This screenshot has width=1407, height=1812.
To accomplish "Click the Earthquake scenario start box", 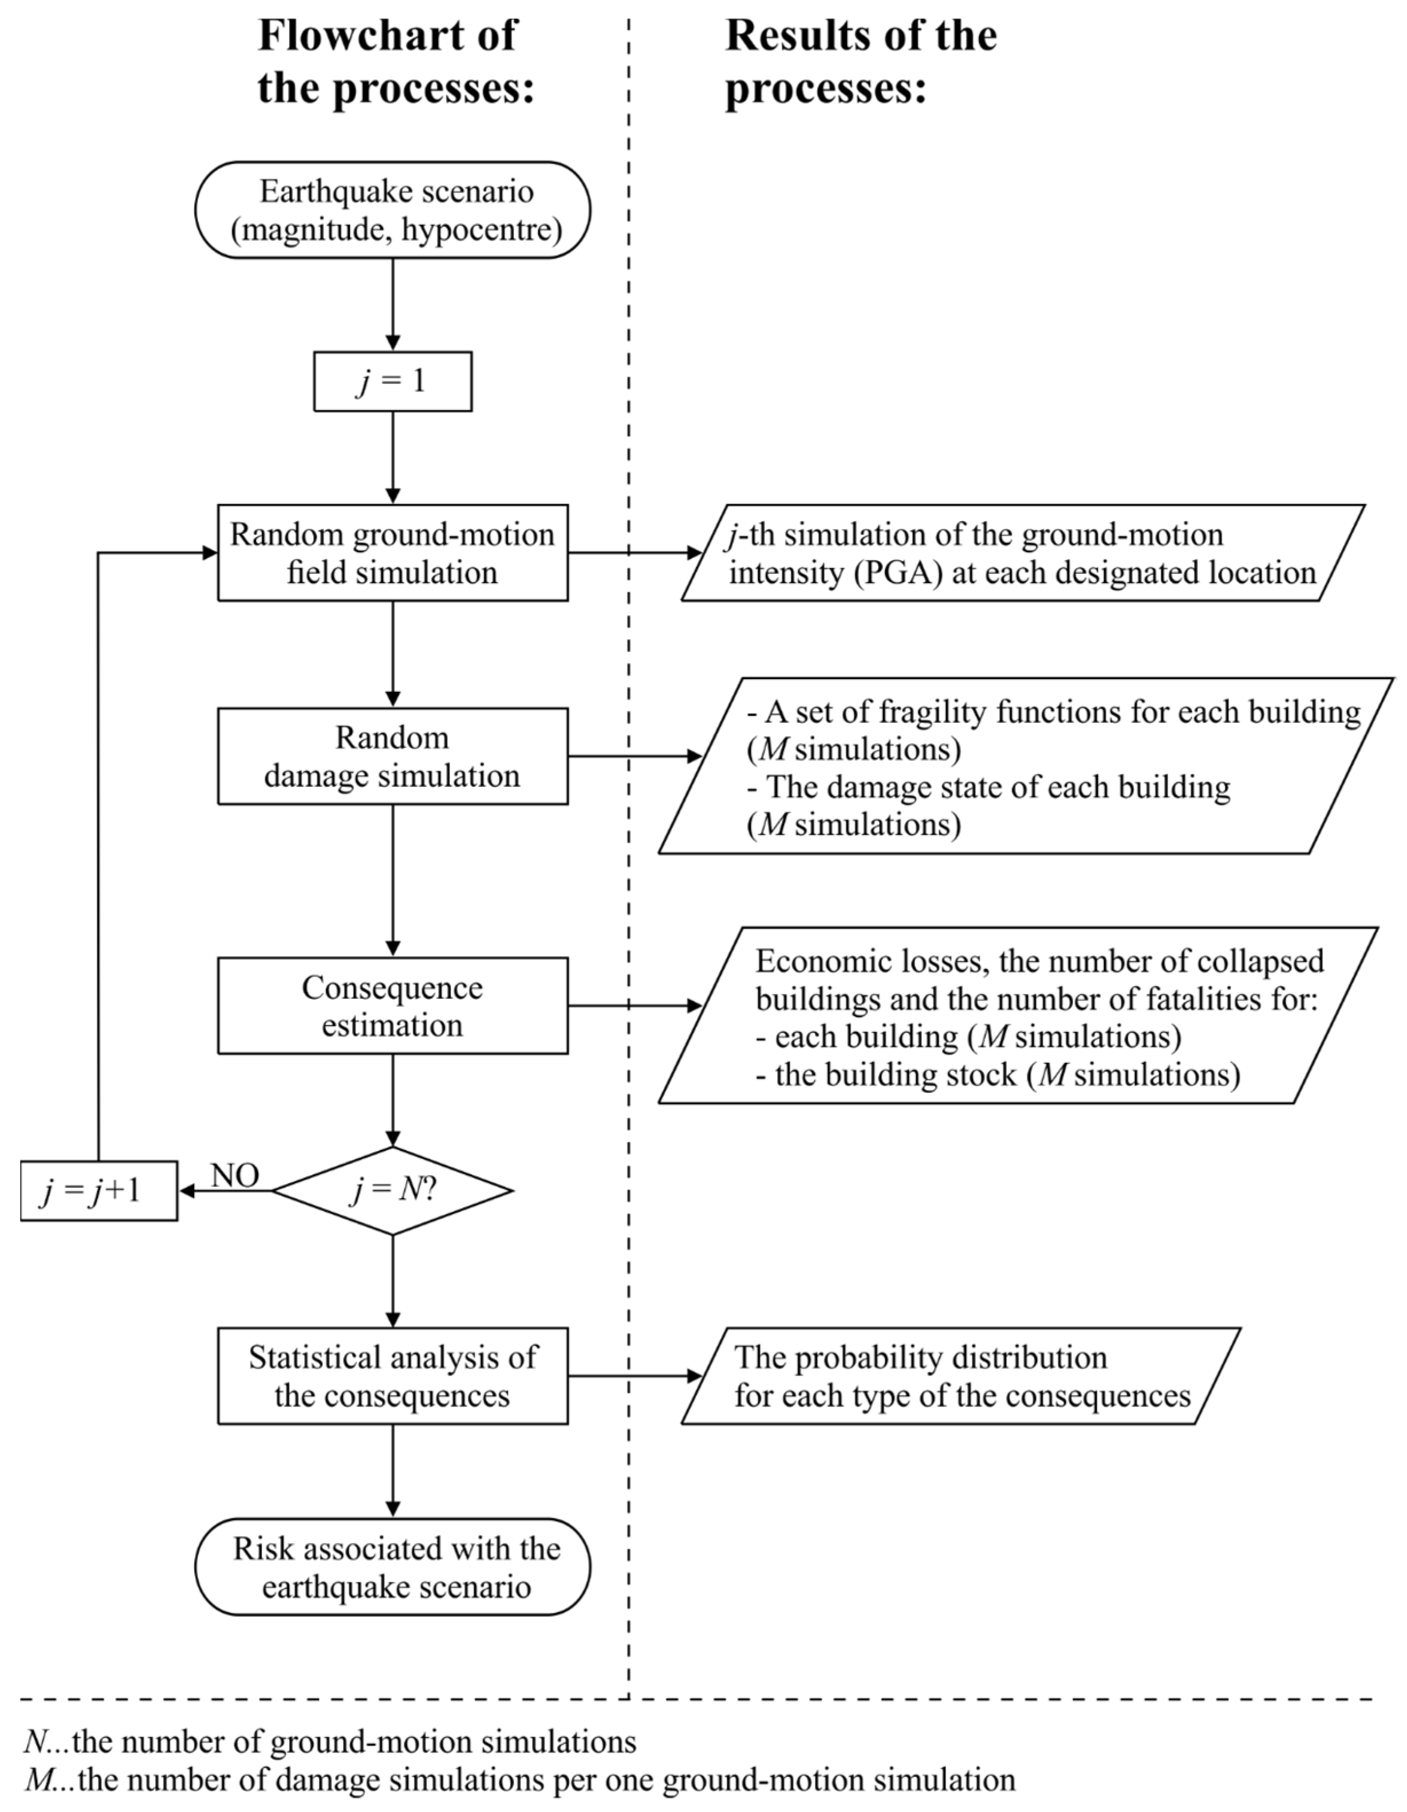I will [392, 210].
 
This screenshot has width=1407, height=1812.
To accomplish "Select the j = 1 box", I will [392, 381].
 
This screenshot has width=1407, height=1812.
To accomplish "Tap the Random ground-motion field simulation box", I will [392, 553].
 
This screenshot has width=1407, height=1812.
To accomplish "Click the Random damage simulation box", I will [392, 756].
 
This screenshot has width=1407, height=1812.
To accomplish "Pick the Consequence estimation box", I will [392, 1006].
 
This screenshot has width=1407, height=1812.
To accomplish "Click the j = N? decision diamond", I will [392, 1191].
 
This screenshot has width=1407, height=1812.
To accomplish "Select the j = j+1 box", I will [98, 1191].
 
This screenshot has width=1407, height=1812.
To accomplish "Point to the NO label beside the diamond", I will [235, 1176].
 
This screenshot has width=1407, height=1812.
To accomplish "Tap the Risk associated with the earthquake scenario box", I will [392, 1567].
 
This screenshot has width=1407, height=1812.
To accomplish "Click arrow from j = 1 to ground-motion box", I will [392, 456].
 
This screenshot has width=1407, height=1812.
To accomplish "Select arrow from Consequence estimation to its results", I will [634, 1006].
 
